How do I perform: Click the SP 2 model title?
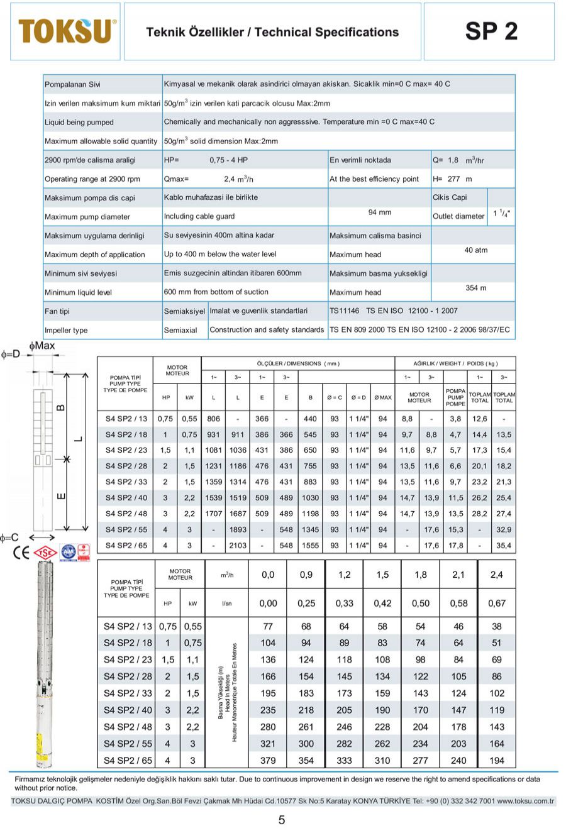491,31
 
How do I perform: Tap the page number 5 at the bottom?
282,819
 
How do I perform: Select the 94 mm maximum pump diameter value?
380,212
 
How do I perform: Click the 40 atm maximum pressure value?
476,250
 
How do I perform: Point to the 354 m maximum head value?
476,288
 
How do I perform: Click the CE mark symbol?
21,553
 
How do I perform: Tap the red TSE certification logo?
45,553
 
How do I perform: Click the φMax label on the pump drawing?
42,346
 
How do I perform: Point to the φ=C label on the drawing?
10,538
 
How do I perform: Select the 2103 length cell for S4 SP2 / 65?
238,546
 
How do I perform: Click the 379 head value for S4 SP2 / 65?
268,760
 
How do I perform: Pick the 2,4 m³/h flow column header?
496,575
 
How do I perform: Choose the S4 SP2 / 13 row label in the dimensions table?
126,419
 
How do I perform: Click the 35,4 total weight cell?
504,546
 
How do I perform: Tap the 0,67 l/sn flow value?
496,604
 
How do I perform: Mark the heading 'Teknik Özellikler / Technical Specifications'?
272,32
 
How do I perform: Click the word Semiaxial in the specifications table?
180,330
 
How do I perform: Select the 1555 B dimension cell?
310,546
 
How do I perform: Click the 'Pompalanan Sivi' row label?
72,85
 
